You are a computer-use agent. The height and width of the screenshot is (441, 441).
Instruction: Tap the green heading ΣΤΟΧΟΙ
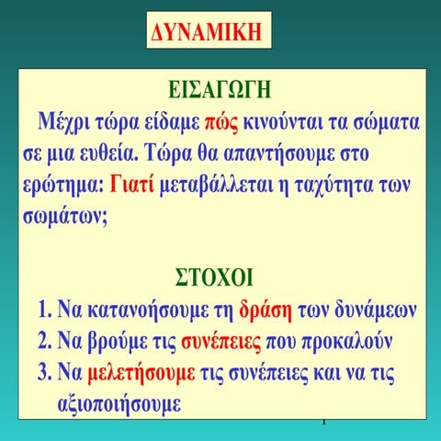220,277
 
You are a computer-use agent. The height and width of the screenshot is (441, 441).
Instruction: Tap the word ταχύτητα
339,183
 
